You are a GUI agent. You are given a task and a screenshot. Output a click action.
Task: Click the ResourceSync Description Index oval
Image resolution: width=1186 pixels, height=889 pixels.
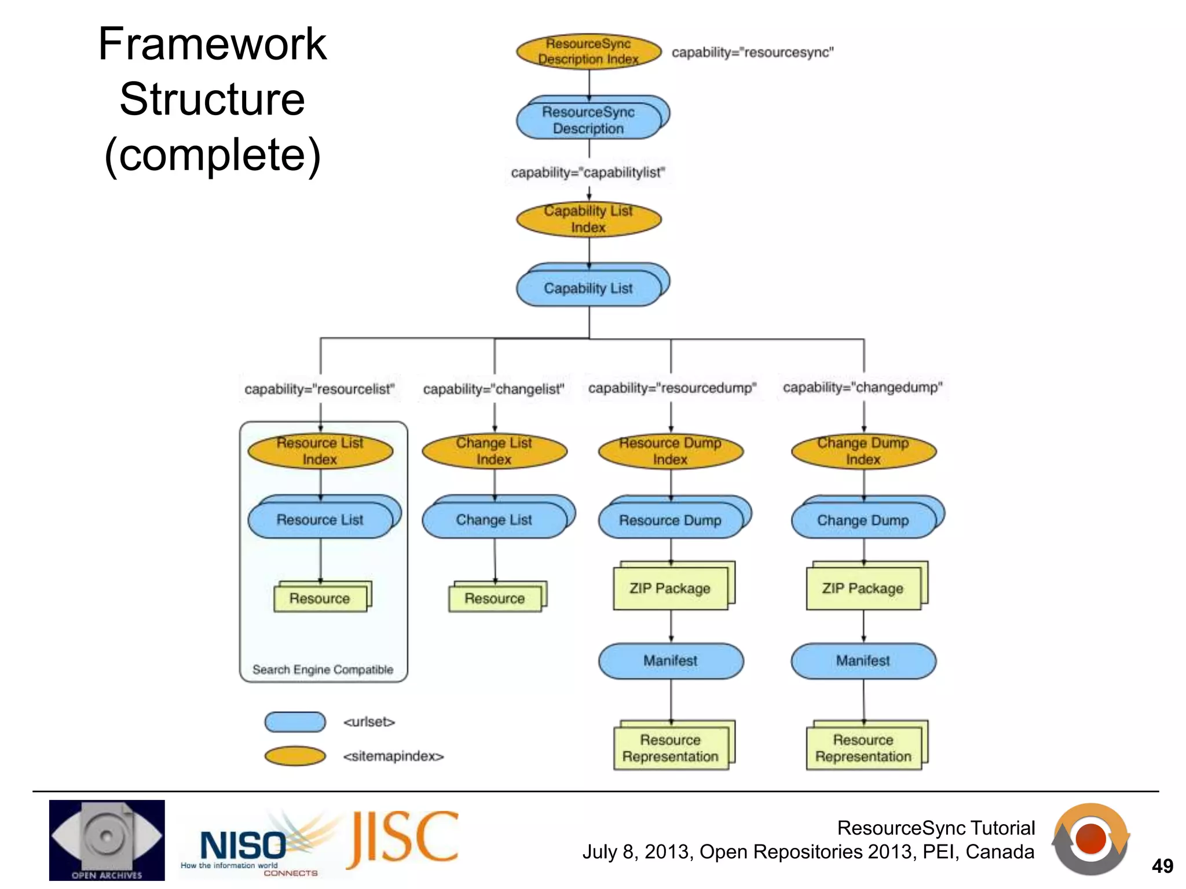point(588,52)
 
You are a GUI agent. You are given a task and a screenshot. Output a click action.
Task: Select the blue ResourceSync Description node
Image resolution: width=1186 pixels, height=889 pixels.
point(588,120)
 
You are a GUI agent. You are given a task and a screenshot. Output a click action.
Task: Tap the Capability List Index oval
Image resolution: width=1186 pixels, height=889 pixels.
point(588,219)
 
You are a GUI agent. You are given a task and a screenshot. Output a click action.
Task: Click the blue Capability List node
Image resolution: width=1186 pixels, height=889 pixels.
point(588,288)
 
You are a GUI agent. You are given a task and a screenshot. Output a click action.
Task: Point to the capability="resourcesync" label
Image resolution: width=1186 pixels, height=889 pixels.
point(752,53)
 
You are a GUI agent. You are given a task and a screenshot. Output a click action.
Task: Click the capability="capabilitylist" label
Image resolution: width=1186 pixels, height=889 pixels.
point(588,172)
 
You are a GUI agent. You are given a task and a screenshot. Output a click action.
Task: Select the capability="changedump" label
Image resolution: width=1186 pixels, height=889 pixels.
point(862,387)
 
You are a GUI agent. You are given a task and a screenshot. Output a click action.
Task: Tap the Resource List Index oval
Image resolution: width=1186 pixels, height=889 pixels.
point(320,451)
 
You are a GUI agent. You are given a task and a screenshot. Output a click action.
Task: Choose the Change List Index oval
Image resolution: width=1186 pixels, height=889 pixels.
point(494,451)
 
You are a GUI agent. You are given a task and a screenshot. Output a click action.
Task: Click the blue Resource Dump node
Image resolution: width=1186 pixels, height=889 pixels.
point(670,520)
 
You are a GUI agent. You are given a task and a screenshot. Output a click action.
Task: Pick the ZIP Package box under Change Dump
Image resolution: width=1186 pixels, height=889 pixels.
point(863,589)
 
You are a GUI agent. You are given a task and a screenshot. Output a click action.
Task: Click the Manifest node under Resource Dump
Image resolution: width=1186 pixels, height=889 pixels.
point(671,661)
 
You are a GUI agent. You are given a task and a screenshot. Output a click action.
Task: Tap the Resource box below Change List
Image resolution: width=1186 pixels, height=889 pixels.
point(495,598)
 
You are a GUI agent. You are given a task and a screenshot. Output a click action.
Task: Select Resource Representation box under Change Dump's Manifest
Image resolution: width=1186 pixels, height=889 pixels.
point(863,748)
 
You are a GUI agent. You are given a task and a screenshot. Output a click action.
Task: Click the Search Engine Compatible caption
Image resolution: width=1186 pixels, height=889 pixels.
point(323,670)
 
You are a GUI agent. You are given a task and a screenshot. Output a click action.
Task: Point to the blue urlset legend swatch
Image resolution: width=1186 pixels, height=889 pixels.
point(295,722)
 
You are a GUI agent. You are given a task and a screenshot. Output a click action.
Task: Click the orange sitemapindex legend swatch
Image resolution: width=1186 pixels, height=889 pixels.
point(295,756)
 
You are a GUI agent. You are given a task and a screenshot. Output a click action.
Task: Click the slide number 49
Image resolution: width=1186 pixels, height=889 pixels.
point(1162,866)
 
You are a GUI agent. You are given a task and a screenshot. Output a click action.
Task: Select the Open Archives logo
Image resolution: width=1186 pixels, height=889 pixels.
point(107,840)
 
